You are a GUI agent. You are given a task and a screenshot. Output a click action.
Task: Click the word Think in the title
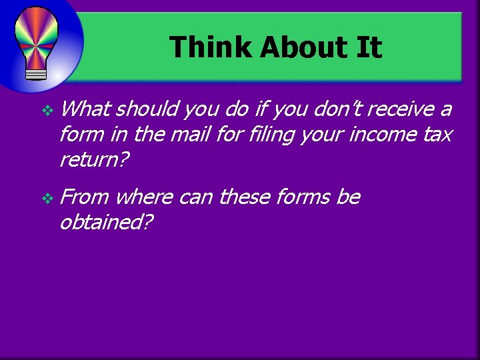click(210, 48)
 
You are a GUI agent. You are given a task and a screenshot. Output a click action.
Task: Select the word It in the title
click(369, 48)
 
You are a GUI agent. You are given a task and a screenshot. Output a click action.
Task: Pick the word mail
click(189, 135)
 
